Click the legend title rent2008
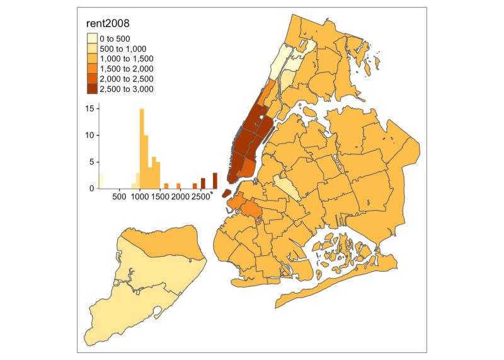click(x=109, y=25)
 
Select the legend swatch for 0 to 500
click(x=92, y=38)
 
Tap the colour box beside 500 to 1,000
click(x=92, y=49)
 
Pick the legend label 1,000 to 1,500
click(x=127, y=59)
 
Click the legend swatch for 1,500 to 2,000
click(x=92, y=69)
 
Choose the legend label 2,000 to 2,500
click(x=127, y=79)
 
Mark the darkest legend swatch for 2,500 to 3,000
click(x=92, y=89)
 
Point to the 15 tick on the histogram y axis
click(x=91, y=108)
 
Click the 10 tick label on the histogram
click(x=91, y=135)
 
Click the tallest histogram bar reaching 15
click(x=142, y=148)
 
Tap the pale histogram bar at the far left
click(x=101, y=180)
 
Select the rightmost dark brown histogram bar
click(x=215, y=180)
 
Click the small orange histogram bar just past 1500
click(x=166, y=186)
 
